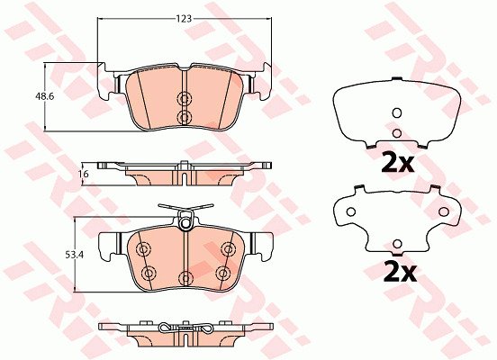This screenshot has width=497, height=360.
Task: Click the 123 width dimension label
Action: pyautogui.click(x=185, y=19)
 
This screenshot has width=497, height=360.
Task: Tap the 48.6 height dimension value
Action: pyautogui.click(x=44, y=96)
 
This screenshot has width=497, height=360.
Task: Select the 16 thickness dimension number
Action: pyautogui.click(x=85, y=174)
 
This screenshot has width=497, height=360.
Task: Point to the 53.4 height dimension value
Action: pyautogui.click(x=74, y=255)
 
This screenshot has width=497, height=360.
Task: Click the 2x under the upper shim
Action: pyautogui.click(x=397, y=162)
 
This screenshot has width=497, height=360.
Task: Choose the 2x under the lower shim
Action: pyautogui.click(x=400, y=272)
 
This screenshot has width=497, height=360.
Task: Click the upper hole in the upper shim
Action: pyautogui.click(x=397, y=112)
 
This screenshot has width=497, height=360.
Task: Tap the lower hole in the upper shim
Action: pyautogui.click(x=397, y=133)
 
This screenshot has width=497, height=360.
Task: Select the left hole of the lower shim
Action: pyautogui.click(x=350, y=211)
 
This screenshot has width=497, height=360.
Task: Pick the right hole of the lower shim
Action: pyautogui.click(x=444, y=211)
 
